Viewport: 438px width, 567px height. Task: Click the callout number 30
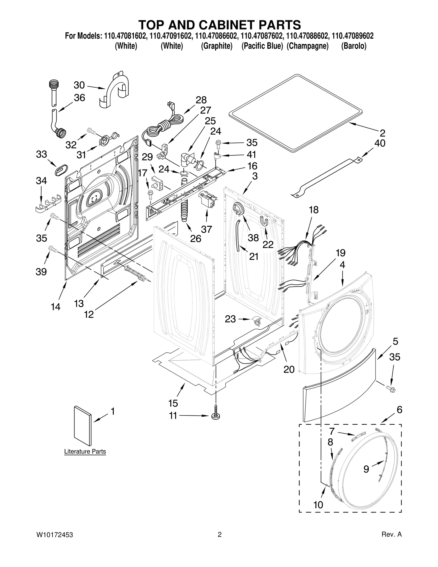79,85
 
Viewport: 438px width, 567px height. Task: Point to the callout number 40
380,143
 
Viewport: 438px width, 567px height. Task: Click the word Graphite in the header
217,46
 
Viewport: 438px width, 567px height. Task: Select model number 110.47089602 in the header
352,36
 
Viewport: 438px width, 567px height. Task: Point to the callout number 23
230,319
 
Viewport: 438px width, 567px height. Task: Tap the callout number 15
173,403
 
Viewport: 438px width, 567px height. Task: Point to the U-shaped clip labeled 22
264,221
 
